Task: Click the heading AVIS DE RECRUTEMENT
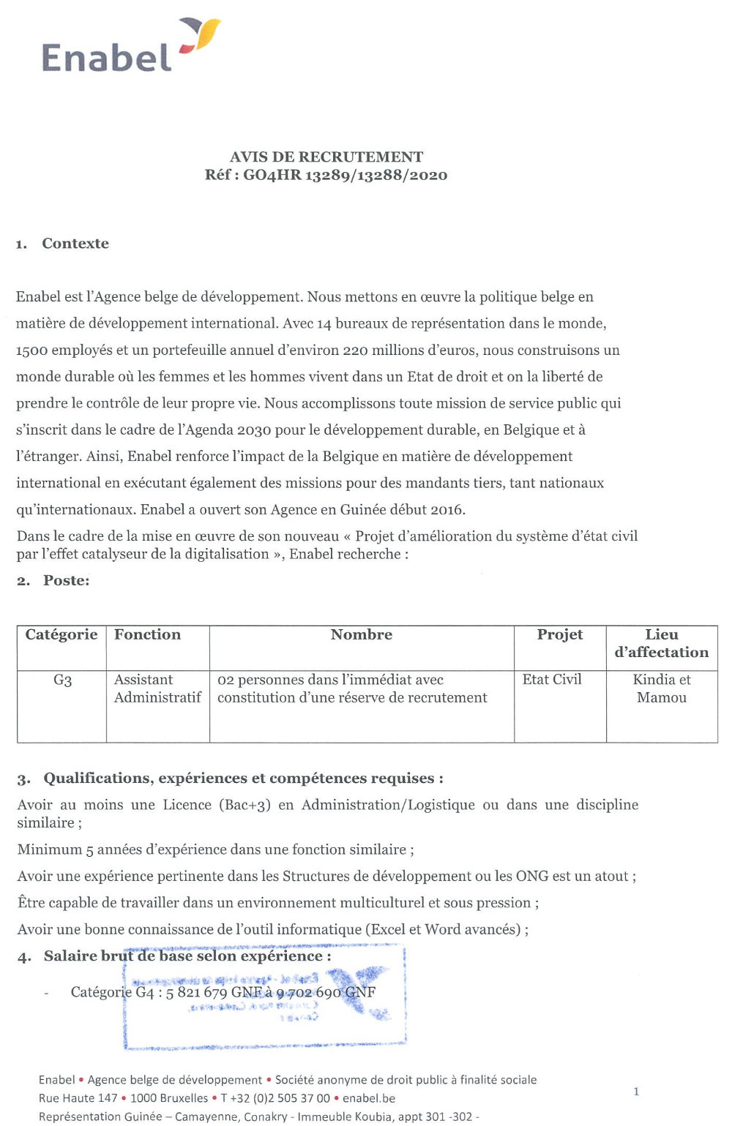pos(326,157)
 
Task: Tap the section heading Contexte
pos(75,244)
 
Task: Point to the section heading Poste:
pos(66,581)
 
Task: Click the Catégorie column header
pos(61,635)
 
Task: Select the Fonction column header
pos(147,635)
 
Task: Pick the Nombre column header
pos(362,635)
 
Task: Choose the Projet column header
pos(560,635)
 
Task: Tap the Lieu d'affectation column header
pos(662,644)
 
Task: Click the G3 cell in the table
pos(62,680)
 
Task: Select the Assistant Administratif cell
pos(157,688)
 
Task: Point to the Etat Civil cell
pos(552,680)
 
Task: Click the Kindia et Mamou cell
pos(662,688)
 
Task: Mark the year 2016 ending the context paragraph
pos(448,510)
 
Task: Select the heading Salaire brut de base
pos(187,956)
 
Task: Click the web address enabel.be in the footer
pos(369,1098)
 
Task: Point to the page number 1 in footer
pos(636,1092)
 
